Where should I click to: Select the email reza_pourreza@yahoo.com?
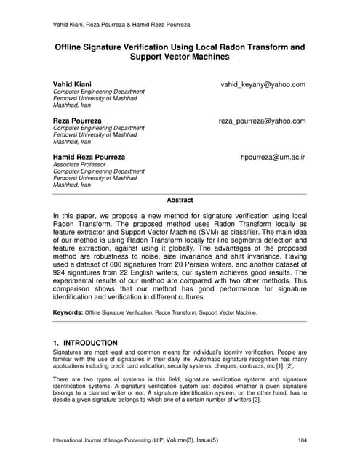click(262, 121)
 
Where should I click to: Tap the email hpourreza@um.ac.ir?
click(273, 156)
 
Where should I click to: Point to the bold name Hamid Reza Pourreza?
click(89, 156)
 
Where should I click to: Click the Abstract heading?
click(180, 200)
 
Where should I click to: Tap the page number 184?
click(300, 440)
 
